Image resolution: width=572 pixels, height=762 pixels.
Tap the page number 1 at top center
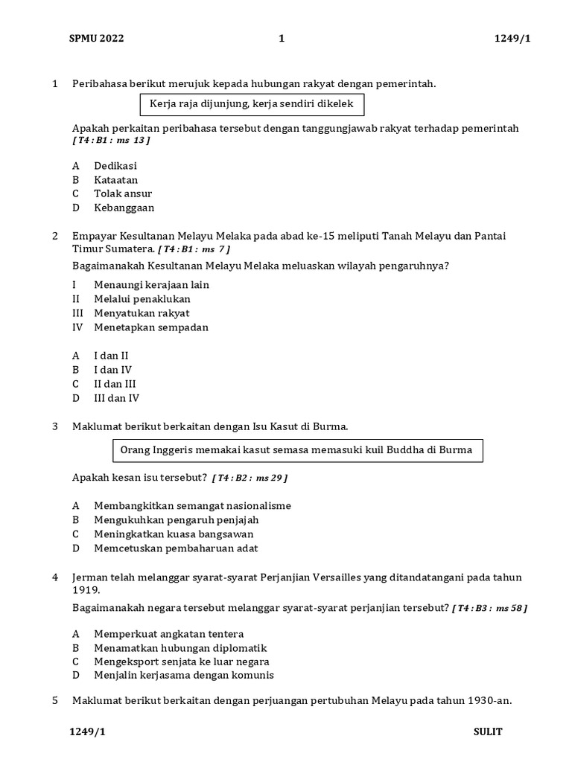click(282, 39)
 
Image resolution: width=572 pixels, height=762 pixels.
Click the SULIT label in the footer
click(488, 731)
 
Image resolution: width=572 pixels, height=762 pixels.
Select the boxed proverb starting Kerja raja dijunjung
click(252, 104)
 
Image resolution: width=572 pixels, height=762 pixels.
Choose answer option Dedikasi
click(115, 166)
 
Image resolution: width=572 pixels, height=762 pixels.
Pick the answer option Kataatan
click(115, 180)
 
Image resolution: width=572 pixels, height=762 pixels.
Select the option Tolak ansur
click(123, 194)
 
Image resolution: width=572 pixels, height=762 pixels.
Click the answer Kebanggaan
click(124, 208)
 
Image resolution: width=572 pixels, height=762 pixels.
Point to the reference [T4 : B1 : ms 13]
click(111, 140)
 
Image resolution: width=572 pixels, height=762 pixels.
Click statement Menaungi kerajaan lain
click(151, 285)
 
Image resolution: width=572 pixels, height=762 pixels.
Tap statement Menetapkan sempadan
click(151, 327)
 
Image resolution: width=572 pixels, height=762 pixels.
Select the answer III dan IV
click(116, 398)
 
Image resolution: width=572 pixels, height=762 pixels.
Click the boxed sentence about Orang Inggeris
click(296, 450)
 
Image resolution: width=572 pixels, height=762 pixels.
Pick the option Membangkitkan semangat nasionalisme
click(192, 506)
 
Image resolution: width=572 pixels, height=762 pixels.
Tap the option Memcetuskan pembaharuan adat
click(176, 548)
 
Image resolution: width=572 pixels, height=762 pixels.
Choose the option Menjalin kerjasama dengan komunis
click(183, 676)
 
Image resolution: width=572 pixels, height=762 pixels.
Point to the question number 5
click(54, 701)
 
